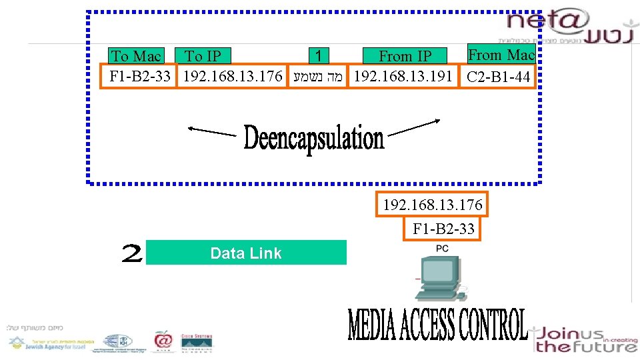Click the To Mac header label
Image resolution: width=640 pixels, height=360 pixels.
coord(136,57)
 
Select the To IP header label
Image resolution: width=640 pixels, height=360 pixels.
coord(202,57)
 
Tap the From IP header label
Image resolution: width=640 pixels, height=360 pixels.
coord(405,57)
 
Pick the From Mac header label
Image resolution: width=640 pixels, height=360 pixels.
coord(501,55)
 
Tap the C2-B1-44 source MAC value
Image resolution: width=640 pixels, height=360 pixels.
coord(499,77)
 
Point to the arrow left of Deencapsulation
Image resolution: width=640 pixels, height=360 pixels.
coord(212,131)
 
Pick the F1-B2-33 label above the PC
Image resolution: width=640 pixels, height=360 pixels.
coord(443,229)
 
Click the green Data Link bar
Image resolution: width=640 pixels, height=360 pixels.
coord(246,253)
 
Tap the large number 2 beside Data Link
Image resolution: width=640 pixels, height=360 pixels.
coord(132,254)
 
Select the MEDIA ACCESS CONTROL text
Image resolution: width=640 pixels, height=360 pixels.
coord(437,325)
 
